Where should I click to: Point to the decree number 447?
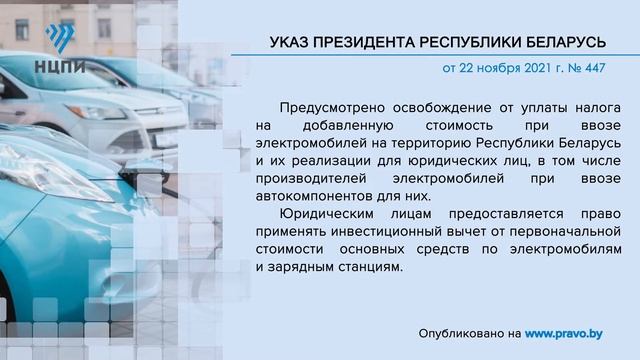[593, 71]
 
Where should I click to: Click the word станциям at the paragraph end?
[369, 268]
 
